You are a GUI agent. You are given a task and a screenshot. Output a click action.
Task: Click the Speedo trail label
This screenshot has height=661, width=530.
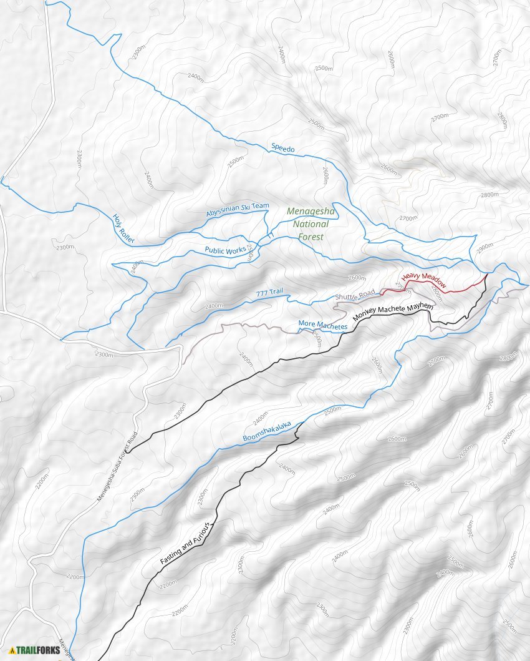pyautogui.click(x=282, y=149)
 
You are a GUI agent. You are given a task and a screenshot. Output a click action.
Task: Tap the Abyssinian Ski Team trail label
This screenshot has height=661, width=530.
pyautogui.click(x=238, y=210)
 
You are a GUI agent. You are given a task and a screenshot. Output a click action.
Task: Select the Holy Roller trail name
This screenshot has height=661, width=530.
pyautogui.click(x=123, y=228)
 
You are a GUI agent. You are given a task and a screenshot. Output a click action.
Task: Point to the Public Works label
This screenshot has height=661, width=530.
pyautogui.click(x=225, y=250)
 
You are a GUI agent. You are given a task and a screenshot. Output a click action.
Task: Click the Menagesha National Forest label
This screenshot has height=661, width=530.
pyautogui.click(x=311, y=224)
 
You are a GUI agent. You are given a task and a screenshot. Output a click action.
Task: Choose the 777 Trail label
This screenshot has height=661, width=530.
pyautogui.click(x=269, y=293)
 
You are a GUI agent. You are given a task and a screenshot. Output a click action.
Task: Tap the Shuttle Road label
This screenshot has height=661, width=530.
pyautogui.click(x=355, y=295)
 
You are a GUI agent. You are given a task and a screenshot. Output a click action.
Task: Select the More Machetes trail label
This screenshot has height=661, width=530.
pyautogui.click(x=322, y=325)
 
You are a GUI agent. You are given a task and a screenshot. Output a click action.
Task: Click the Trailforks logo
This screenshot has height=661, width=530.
pyautogui.click(x=35, y=650)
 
